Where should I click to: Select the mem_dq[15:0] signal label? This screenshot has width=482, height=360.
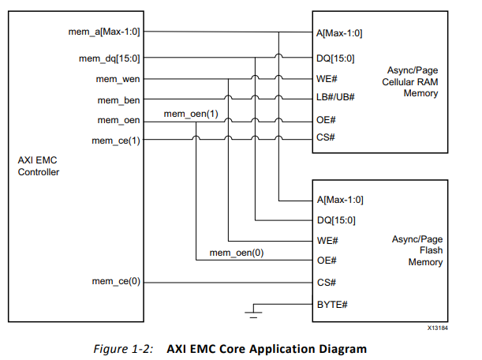pos(110,57)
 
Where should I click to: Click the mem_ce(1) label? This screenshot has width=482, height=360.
pos(117,141)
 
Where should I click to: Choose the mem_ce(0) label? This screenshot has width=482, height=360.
pos(117,281)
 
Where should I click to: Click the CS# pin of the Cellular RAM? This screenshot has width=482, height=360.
pos(324,140)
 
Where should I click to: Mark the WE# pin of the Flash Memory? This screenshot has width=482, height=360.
pos(325,240)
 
